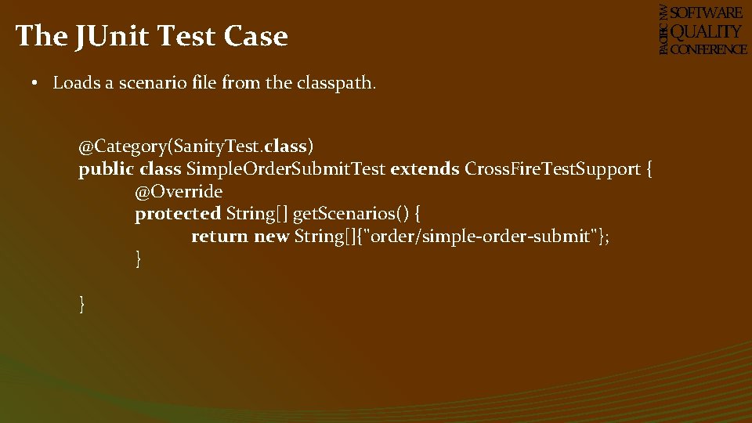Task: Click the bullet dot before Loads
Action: tap(37, 83)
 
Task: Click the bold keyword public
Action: tap(107, 169)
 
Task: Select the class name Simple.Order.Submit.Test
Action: tap(285, 169)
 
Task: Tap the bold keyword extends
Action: tap(425, 169)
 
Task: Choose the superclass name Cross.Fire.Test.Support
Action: tap(553, 169)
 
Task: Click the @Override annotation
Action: tap(179, 192)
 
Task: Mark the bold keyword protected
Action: tap(178, 214)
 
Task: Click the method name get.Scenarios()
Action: tap(350, 214)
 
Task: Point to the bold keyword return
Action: tap(219, 237)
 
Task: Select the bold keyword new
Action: tap(272, 237)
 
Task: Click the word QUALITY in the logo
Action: tap(706, 31)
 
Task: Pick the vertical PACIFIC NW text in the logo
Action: tap(663, 30)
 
